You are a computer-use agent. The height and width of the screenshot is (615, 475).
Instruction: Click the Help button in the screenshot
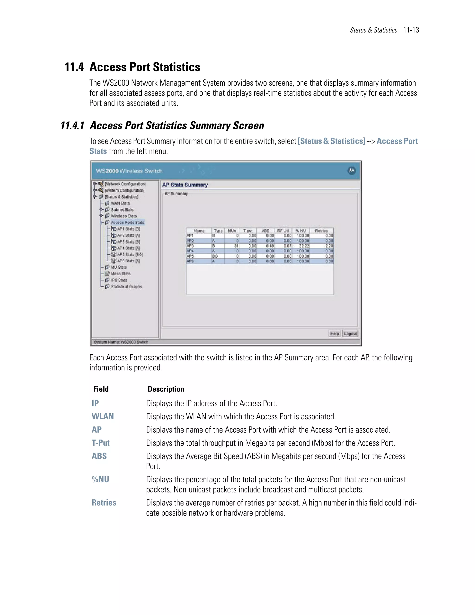(x=334, y=334)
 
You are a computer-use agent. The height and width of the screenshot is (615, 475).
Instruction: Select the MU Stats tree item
(x=119, y=267)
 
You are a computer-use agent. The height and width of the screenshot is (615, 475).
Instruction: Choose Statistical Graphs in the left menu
(x=126, y=287)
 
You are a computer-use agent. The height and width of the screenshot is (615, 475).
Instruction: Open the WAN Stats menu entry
(x=120, y=203)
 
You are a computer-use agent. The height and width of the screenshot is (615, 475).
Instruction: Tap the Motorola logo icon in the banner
(x=351, y=171)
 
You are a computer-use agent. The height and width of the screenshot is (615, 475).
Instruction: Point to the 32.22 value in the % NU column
(x=304, y=246)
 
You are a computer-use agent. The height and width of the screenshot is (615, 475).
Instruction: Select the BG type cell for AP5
(x=215, y=256)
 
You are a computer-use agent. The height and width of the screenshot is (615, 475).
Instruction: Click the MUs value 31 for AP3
(x=236, y=246)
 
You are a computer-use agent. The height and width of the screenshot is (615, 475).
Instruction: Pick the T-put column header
(x=248, y=231)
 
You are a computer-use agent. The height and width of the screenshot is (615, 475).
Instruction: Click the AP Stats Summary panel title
(x=185, y=185)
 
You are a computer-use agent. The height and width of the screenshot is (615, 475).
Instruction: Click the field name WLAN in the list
(x=103, y=417)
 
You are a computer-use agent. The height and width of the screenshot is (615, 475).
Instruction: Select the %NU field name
(x=100, y=479)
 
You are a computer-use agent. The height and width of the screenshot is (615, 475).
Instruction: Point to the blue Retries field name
(x=104, y=503)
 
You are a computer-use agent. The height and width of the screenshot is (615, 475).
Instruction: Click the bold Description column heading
(x=166, y=389)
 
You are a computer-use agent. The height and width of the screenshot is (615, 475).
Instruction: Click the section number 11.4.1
(x=73, y=126)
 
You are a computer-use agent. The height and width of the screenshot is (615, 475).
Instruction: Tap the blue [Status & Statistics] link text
(x=331, y=141)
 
